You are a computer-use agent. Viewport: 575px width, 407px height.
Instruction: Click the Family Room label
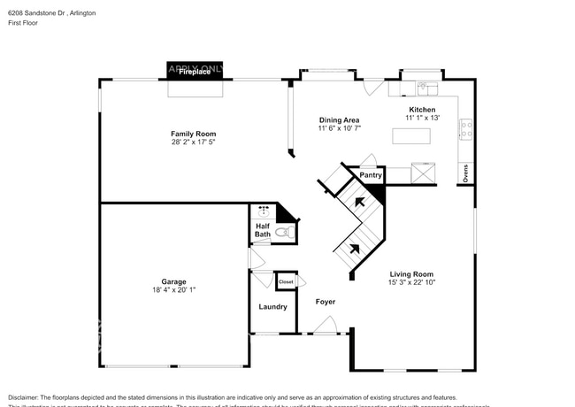[193, 134]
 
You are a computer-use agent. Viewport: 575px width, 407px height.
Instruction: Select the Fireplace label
[195, 73]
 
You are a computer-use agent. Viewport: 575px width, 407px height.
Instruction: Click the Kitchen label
[421, 110]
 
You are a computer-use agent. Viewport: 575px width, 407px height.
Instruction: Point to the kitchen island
[412, 135]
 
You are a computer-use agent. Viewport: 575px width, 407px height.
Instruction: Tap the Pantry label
[371, 175]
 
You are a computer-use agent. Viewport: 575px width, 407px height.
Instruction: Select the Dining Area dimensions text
[338, 128]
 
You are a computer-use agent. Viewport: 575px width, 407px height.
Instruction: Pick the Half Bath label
[263, 230]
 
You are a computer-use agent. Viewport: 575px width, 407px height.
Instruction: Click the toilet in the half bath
[283, 232]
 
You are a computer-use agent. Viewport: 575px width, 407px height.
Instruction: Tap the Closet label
[286, 281]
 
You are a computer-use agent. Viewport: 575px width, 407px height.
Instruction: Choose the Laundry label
[272, 307]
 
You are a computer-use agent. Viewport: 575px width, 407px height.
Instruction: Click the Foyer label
[326, 303]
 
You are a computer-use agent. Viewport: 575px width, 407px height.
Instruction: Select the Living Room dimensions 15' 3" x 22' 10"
[411, 283]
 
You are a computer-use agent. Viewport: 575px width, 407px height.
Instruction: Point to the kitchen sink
[423, 88]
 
